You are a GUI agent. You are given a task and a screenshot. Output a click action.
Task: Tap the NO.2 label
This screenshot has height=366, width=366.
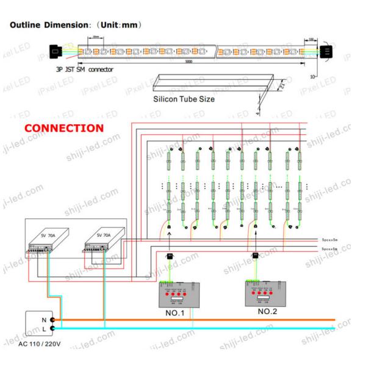click(268, 311)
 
